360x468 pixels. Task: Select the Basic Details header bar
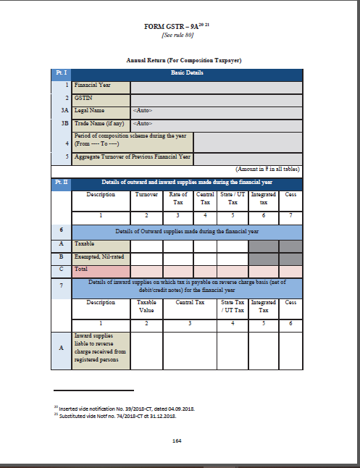[186, 73]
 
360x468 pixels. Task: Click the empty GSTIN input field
[216, 98]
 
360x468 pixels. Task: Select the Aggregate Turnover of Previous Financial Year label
[133, 157]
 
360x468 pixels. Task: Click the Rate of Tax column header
[177, 198]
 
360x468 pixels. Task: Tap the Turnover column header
[147, 194]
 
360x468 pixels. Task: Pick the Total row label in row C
[82, 269]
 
